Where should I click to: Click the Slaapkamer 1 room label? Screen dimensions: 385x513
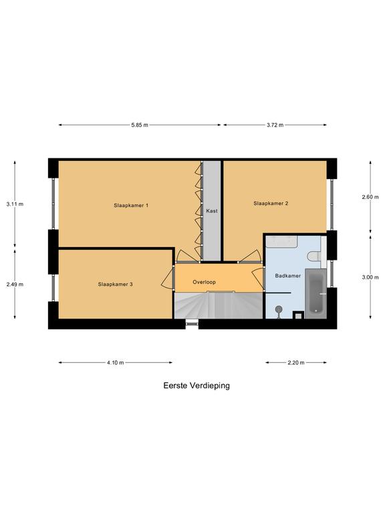(131, 206)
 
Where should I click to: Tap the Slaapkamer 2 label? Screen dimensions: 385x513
(271, 203)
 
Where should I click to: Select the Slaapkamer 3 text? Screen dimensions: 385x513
(115, 285)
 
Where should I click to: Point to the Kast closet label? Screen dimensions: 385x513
(212, 211)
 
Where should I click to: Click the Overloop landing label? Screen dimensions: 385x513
(204, 282)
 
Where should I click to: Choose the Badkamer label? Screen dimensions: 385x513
(288, 276)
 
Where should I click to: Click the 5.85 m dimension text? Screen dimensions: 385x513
(140, 125)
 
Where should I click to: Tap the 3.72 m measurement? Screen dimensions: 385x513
(275, 125)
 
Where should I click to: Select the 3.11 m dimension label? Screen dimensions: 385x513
(15, 204)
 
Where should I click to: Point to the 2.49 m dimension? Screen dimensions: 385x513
(15, 285)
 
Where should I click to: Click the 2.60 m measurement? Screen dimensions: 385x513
(370, 197)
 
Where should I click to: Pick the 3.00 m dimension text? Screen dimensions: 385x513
(370, 277)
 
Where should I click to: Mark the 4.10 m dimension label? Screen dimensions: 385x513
(115, 363)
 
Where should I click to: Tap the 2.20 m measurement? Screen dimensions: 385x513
(296, 363)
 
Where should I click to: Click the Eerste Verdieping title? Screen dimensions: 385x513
(197, 385)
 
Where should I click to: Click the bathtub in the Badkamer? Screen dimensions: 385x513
(315, 293)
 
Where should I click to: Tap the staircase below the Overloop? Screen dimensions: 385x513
(219, 305)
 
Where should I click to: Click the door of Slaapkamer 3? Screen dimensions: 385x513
(168, 277)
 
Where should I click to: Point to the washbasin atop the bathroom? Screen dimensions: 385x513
(281, 242)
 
